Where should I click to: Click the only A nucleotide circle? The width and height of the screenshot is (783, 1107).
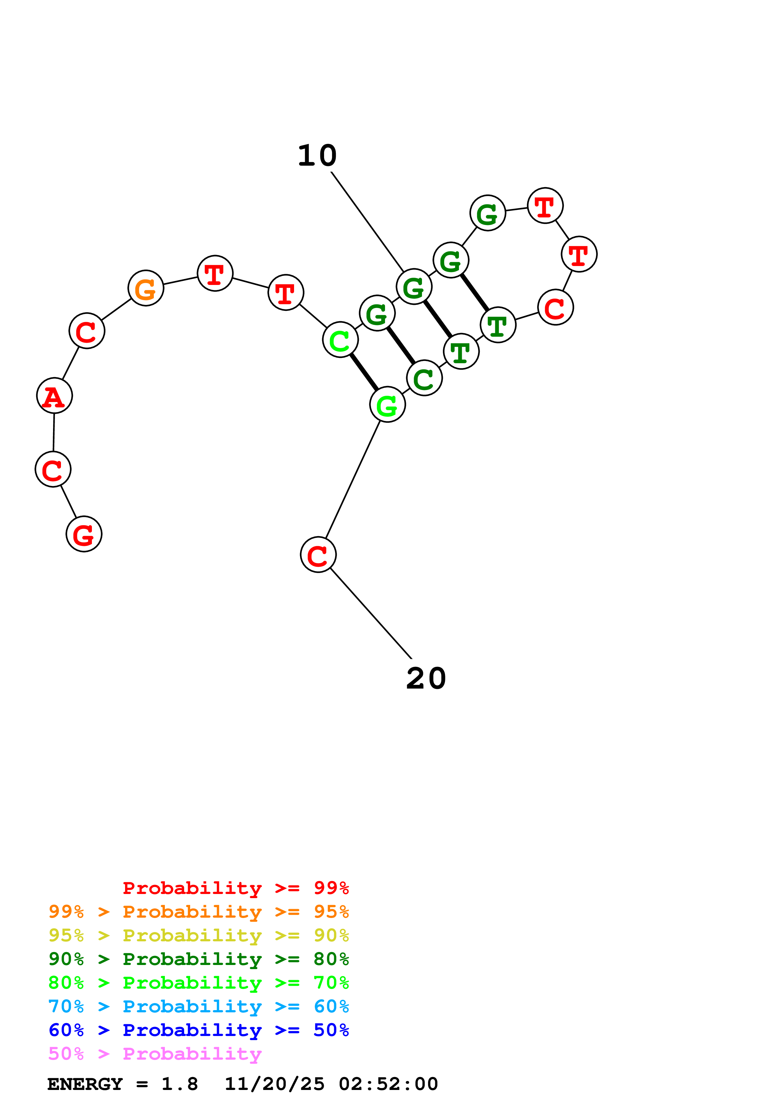(x=55, y=396)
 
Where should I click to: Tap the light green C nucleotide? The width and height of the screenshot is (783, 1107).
(x=340, y=340)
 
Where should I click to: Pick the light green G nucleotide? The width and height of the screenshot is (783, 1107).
(x=388, y=405)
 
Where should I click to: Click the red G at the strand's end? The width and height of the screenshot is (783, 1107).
(x=84, y=534)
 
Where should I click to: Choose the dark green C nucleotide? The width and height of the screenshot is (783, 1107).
(x=424, y=378)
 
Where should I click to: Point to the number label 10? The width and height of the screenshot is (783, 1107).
(x=317, y=156)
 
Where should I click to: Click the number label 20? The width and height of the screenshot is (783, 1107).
(x=426, y=679)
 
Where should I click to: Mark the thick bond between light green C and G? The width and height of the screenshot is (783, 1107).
(x=364, y=372)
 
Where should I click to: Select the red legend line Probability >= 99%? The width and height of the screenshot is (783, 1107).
(x=235, y=888)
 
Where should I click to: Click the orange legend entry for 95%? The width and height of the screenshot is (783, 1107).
(x=199, y=912)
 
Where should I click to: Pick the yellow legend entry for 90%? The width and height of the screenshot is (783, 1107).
(x=199, y=935)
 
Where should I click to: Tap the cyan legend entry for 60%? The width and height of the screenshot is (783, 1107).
(x=199, y=1007)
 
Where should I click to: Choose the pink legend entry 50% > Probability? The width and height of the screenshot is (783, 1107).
(x=155, y=1054)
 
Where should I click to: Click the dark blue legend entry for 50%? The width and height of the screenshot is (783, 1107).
(x=199, y=1030)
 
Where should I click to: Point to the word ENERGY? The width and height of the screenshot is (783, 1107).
(x=85, y=1084)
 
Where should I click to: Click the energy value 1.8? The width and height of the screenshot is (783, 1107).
(x=179, y=1084)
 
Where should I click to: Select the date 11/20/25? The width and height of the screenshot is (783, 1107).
(x=274, y=1084)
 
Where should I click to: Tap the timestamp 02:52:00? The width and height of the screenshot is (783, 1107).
(x=388, y=1084)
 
